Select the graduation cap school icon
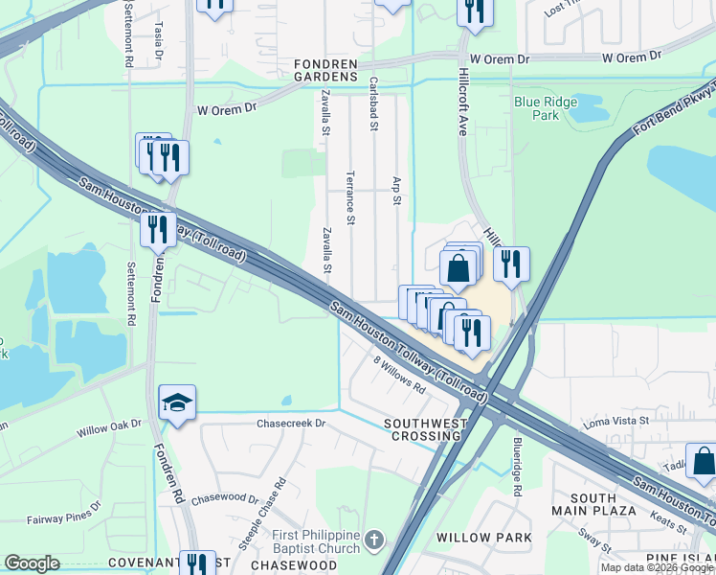pyautogui.click(x=177, y=403)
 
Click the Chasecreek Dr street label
pyautogui.click(x=291, y=423)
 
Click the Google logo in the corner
pyautogui.click(x=32, y=563)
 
